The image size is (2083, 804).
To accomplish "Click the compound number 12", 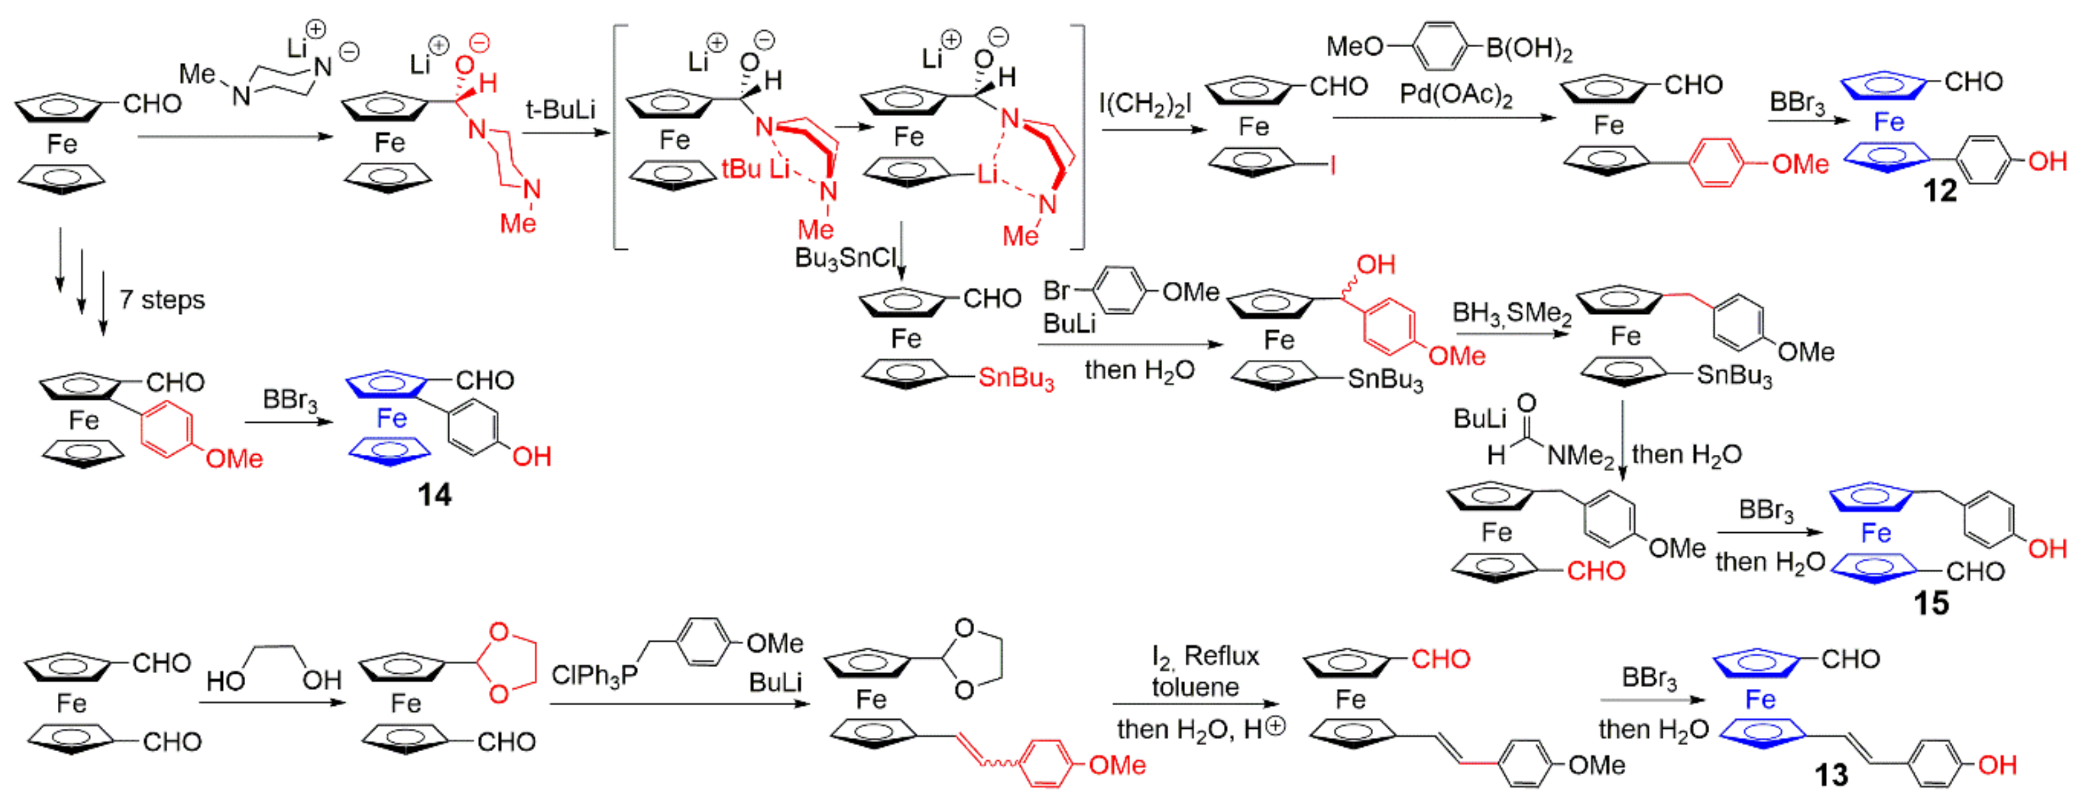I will [1939, 191].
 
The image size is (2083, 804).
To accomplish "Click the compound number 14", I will [434, 495].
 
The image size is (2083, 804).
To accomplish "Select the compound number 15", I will [1931, 604].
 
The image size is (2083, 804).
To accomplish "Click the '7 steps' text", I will [163, 300].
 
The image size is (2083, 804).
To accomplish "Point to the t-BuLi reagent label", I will [561, 109].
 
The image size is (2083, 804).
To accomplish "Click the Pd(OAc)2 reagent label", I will [1456, 95].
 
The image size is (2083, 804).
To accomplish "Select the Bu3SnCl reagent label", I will [846, 258].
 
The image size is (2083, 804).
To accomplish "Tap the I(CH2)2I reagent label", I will [1144, 103].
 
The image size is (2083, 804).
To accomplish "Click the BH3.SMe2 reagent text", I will [1511, 314].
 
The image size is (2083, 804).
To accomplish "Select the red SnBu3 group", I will [1016, 378].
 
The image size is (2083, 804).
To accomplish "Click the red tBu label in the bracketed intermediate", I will [741, 169].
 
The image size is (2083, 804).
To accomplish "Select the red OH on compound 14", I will [531, 457].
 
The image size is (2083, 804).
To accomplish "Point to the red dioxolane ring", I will [508, 661].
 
